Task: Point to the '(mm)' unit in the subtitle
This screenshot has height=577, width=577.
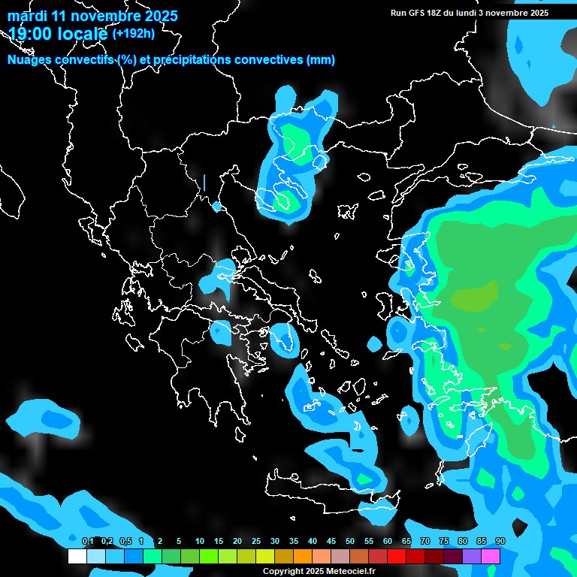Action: click(x=321, y=60)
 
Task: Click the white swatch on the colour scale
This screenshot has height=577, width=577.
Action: click(x=77, y=557)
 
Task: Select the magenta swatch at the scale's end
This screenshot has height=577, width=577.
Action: click(x=491, y=557)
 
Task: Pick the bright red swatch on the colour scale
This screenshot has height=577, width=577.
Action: click(x=397, y=557)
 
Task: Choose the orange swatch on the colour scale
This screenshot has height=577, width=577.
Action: click(x=303, y=557)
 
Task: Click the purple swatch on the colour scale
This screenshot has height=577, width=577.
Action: click(x=472, y=557)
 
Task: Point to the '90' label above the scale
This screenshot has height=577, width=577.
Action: click(x=500, y=541)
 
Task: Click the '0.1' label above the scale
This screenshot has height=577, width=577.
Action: click(x=87, y=541)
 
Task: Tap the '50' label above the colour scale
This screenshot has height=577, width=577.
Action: click(x=349, y=541)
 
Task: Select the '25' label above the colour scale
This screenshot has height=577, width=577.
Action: click(x=255, y=541)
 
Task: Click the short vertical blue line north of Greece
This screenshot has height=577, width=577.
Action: click(x=204, y=183)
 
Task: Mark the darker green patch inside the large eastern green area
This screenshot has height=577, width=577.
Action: click(x=473, y=297)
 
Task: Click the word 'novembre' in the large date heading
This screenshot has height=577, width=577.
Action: click(x=110, y=16)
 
